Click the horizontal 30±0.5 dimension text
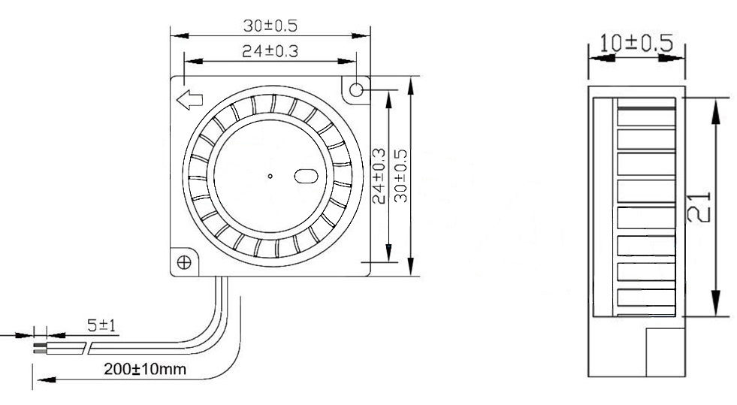point(270,25)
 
